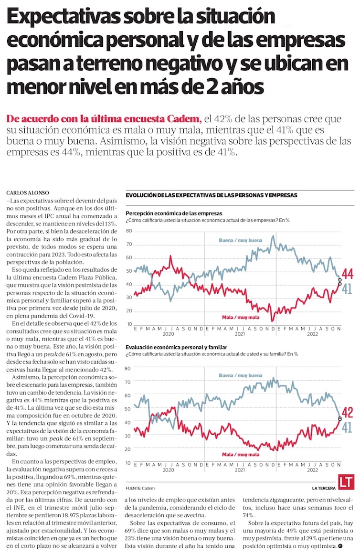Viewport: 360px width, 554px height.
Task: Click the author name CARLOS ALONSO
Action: [27, 192]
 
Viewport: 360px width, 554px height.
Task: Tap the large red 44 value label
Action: [347, 274]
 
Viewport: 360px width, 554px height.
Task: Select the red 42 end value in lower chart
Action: [348, 413]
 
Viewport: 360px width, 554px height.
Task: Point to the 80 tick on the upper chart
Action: [128, 231]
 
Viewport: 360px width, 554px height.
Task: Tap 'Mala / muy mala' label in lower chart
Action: [241, 454]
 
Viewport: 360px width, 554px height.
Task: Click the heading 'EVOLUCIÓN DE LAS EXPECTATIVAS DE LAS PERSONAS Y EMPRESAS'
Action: [212, 195]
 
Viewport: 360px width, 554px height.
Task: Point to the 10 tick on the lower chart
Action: [128, 463]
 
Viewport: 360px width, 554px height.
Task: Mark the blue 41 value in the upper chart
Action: [347, 288]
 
